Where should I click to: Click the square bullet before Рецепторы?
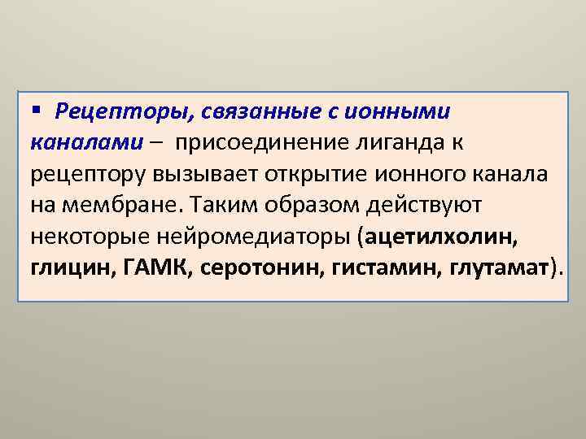[36, 110]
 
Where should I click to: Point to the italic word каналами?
[85, 143]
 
